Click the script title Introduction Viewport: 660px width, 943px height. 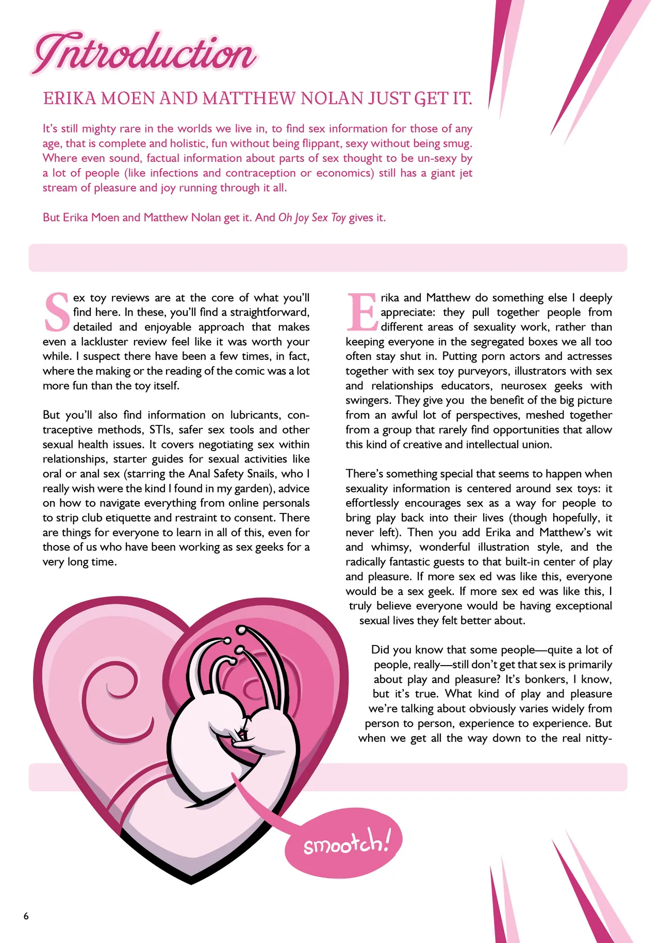coord(144,54)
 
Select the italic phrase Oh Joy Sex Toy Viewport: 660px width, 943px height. coord(312,218)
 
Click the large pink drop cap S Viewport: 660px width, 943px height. coord(57,312)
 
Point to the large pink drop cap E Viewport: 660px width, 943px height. coord(362,312)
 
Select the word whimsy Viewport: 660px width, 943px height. coord(391,547)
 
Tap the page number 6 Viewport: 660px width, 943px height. coord(26,916)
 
